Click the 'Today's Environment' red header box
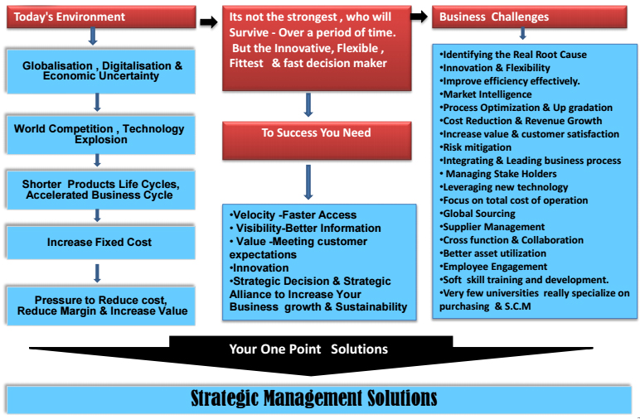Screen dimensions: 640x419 [x=101, y=17]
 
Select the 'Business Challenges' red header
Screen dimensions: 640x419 [x=530, y=17]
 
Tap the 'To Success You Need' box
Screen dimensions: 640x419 [x=317, y=140]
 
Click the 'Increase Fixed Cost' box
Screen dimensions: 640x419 [x=100, y=243]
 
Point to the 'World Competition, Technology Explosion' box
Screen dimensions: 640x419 [x=100, y=134]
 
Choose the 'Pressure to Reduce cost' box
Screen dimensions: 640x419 [x=100, y=306]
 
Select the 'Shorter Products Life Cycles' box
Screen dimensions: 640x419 [x=100, y=190]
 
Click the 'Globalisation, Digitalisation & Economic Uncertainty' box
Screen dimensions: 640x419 [x=100, y=72]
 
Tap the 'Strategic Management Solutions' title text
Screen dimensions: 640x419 [x=313, y=397]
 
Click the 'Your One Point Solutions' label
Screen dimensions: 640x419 [x=308, y=349]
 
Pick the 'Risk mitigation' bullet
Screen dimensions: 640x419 [x=476, y=147]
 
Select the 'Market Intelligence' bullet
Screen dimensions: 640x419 [x=486, y=94]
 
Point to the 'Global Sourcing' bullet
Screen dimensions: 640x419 [x=478, y=214]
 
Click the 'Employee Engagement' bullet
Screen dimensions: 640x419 [x=493, y=267]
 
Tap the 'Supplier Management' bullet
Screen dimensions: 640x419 [x=492, y=227]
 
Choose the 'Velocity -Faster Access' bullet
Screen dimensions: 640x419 [x=293, y=214]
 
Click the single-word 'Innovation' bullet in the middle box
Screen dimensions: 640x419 [x=259, y=267]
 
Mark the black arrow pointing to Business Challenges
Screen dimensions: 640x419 [x=419, y=17]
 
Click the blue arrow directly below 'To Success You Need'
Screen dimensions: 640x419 [x=308, y=182]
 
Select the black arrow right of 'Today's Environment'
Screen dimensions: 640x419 [x=209, y=22]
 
